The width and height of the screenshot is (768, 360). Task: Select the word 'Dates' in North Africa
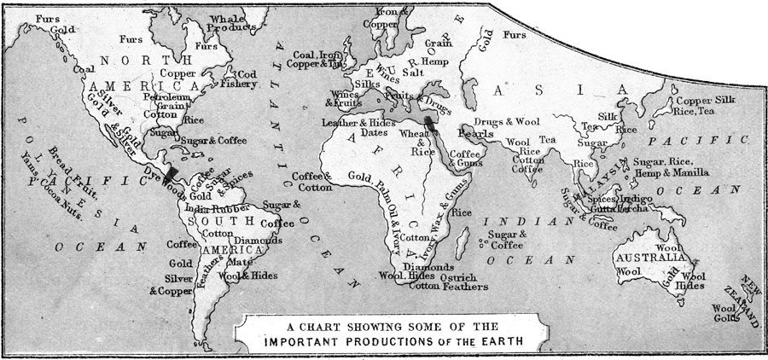point(375,133)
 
